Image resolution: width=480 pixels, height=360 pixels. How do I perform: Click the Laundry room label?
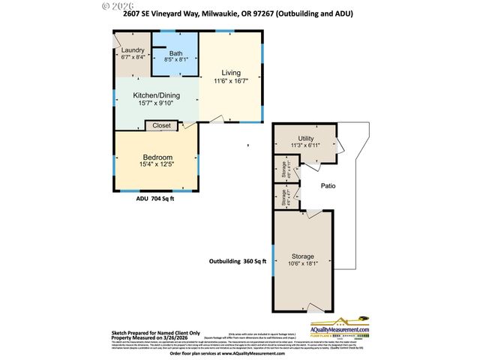[132, 50]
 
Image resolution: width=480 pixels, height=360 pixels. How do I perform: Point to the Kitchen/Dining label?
[155, 96]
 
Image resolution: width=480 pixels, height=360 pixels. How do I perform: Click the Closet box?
[161, 125]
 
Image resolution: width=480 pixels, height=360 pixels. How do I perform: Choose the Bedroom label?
[157, 157]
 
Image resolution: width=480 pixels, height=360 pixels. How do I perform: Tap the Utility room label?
[305, 138]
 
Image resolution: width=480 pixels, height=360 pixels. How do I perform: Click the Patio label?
[328, 185]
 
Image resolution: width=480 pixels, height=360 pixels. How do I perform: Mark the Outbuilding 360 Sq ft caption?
[235, 261]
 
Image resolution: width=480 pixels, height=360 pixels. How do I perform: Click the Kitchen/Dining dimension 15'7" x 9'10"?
[155, 103]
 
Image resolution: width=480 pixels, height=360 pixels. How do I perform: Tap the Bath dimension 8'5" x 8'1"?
[175, 61]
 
